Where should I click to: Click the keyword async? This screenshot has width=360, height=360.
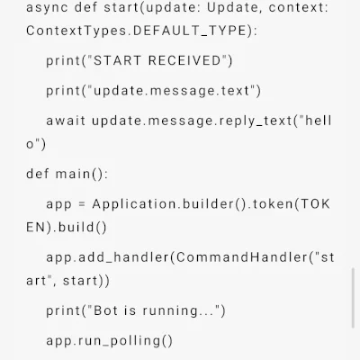47,7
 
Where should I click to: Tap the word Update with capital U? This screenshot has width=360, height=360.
232,7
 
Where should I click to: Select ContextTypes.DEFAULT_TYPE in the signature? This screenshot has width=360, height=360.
137,31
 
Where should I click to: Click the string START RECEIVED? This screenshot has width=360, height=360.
157,60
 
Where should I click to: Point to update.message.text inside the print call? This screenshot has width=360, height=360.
172,91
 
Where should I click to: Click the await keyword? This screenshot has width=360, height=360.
66,121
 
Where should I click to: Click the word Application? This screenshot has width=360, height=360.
134,204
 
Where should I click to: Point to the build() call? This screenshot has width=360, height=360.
83,228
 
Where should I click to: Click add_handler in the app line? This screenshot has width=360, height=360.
123,257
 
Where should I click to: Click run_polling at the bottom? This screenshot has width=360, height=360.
120,341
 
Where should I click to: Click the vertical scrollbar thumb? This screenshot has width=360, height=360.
353,298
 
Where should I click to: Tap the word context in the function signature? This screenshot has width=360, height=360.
296,7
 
